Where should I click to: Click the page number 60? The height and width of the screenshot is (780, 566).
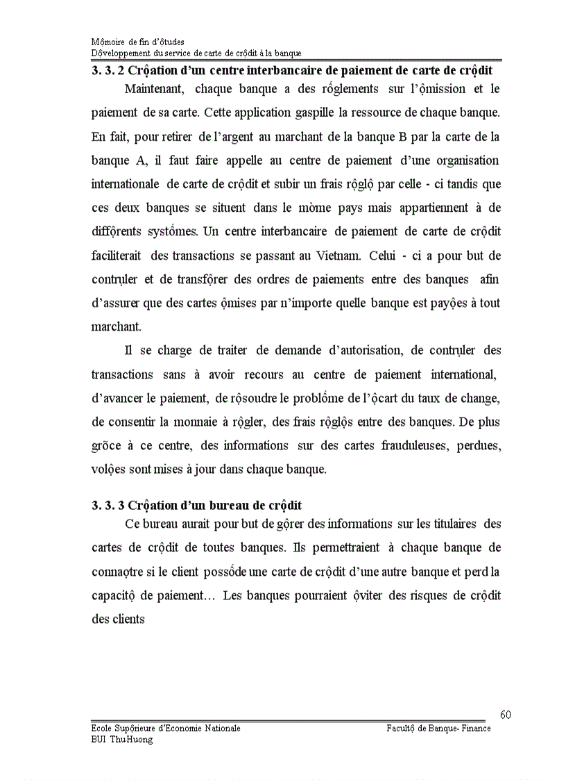pyautogui.click(x=505, y=715)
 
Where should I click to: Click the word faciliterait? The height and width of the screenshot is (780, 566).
pyautogui.click(x=117, y=255)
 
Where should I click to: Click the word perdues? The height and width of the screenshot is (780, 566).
pyautogui.click(x=479, y=445)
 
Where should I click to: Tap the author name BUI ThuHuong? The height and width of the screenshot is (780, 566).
pyautogui.click(x=122, y=739)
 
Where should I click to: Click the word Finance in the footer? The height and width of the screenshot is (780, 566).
pyautogui.click(x=475, y=728)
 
